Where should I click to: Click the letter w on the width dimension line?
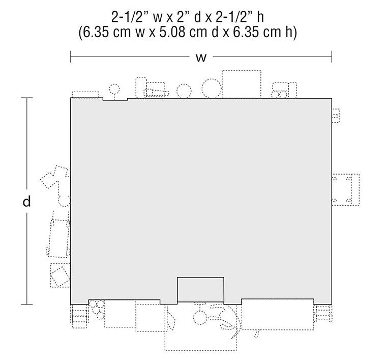pos(201,58)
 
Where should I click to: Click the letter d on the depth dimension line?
pos(26,201)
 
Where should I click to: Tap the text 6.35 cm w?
pos(112,33)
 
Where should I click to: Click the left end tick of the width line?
pos(71,57)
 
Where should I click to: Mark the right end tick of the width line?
pos(332,57)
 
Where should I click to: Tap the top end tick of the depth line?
pos(26,98)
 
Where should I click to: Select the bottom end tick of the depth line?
pos(26,304)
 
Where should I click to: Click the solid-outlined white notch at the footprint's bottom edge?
pos(201,290)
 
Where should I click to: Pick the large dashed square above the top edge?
pos(242,84)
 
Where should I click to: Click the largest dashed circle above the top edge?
pos(211,88)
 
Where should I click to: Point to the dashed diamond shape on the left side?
pos(59,276)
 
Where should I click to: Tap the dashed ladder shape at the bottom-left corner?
pos(79,317)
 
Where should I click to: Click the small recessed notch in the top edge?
pos(115,99)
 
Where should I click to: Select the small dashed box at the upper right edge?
pos(336,116)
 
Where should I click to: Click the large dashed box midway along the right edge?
pos(345,189)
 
